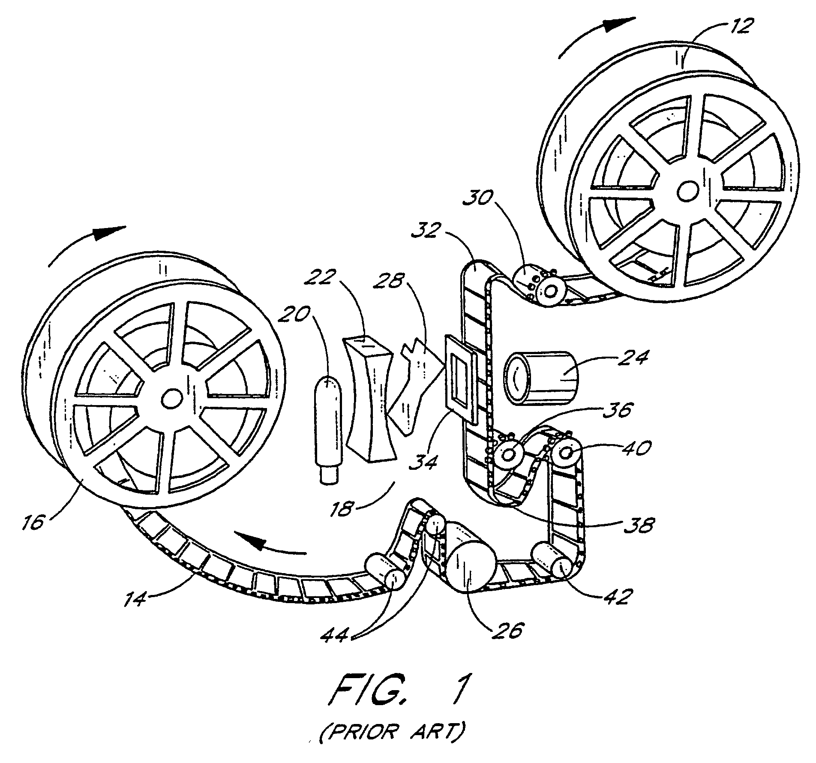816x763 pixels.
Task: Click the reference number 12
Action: pos(739,27)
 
